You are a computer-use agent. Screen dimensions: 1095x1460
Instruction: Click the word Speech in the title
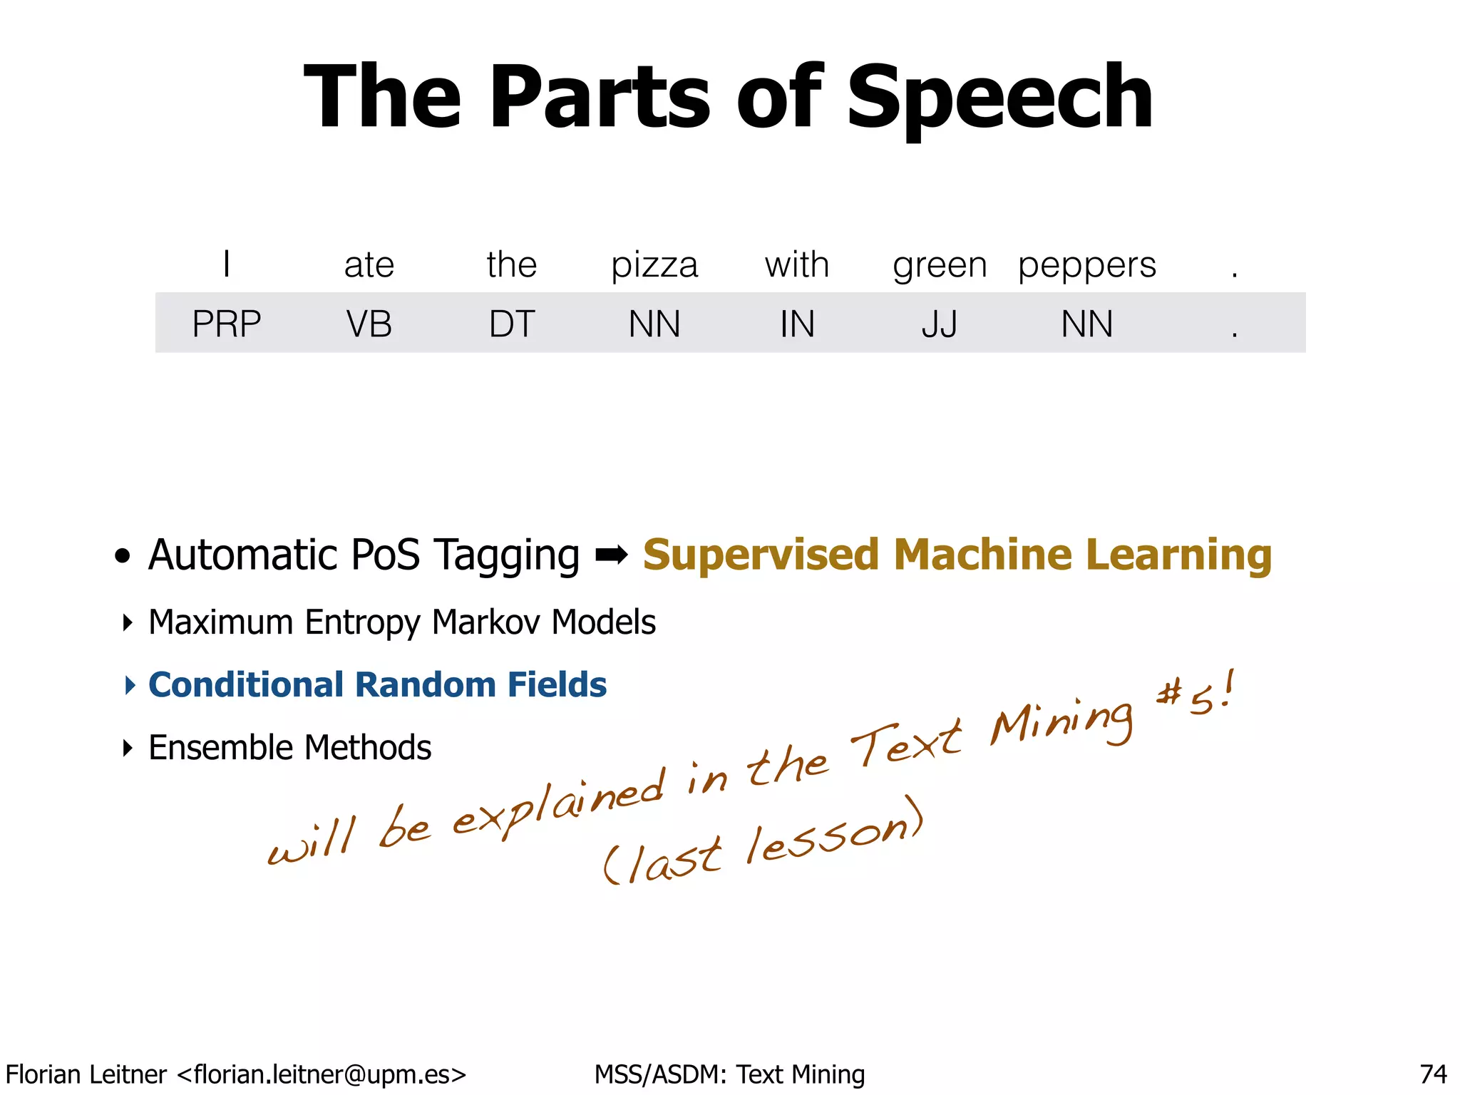click(999, 98)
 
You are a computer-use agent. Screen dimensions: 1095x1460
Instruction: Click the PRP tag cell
click(227, 324)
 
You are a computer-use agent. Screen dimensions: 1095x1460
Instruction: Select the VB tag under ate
click(369, 324)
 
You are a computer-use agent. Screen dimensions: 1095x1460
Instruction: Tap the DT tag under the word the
click(512, 324)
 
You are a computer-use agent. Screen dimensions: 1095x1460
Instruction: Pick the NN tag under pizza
click(654, 324)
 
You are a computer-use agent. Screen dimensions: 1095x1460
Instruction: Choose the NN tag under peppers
click(1086, 324)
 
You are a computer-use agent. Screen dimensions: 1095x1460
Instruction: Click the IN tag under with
click(797, 324)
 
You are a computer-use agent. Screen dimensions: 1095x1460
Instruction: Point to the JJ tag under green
click(940, 324)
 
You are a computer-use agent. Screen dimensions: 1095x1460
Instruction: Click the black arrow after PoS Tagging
click(611, 555)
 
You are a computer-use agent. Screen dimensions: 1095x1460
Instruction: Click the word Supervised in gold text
click(761, 555)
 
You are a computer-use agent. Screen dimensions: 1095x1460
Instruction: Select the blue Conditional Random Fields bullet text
click(377, 685)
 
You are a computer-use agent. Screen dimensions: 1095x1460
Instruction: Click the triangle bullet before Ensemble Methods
click(128, 748)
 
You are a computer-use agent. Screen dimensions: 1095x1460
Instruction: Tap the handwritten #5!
click(1196, 694)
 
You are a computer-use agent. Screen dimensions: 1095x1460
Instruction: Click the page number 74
click(1433, 1074)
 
